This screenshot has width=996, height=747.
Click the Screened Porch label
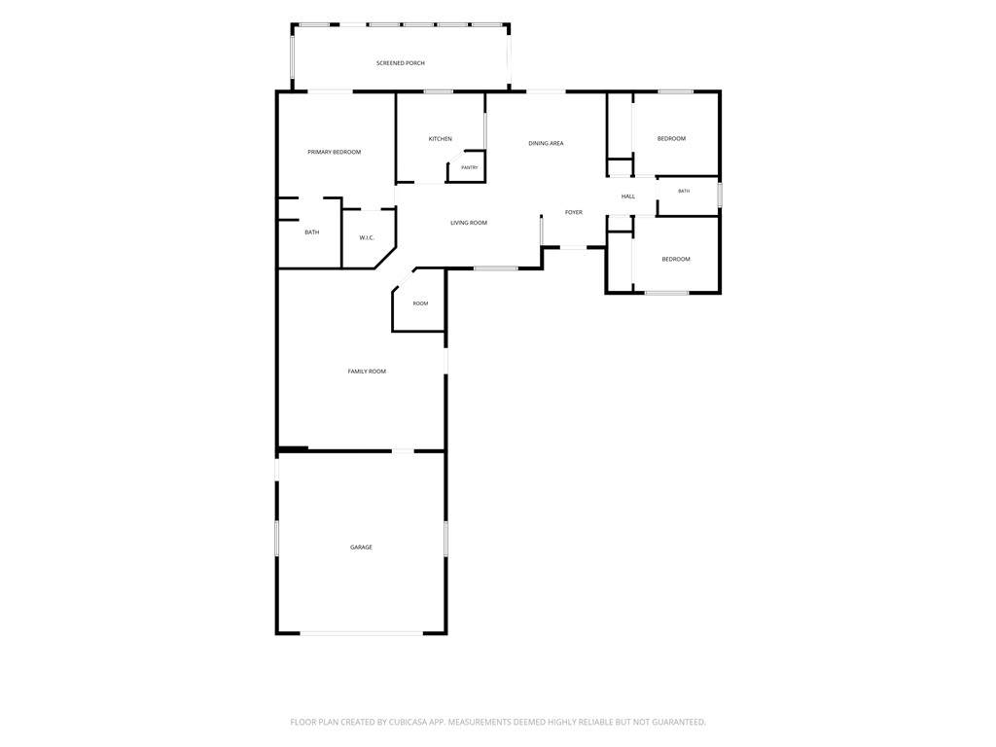(400, 63)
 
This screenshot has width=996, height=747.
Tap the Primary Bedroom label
(335, 153)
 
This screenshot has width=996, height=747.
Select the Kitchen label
(441, 139)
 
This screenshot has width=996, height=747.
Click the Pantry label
(470, 167)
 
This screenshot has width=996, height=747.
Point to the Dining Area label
(547, 144)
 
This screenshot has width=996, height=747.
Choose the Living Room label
(469, 223)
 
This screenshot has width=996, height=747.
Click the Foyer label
(574, 213)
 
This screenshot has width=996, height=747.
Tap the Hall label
(628, 196)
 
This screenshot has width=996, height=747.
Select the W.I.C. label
(367, 238)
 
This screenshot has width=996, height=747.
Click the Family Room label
(367, 372)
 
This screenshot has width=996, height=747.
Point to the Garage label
(362, 548)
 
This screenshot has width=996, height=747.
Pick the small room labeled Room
(420, 303)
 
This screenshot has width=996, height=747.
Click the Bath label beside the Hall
(684, 192)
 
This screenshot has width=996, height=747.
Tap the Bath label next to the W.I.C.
(312, 232)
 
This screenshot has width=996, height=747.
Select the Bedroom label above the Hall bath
(671, 139)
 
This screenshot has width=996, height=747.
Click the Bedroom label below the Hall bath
(676, 259)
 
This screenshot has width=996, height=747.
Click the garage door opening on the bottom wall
(362, 633)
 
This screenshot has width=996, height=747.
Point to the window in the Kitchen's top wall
(439, 92)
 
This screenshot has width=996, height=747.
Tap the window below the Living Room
(496, 268)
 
